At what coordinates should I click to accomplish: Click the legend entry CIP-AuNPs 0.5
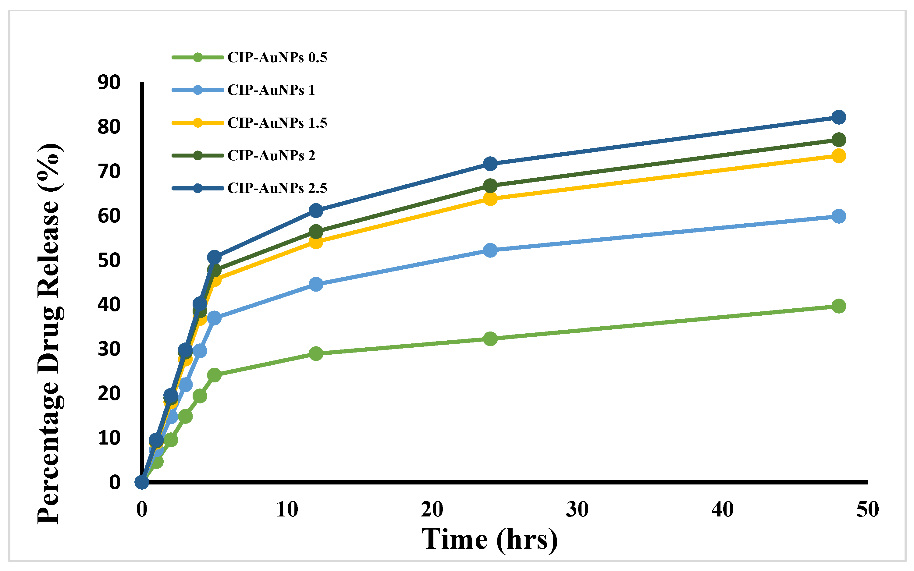point(277,57)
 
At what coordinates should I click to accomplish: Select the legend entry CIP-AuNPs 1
point(271,90)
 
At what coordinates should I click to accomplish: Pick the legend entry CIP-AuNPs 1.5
point(277,123)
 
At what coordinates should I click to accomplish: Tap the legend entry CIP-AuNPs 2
point(271,155)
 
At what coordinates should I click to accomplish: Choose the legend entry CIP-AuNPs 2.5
point(277,188)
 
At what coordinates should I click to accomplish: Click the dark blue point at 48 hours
point(838,117)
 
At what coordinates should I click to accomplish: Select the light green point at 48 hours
point(838,306)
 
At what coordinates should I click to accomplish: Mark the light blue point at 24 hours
point(490,250)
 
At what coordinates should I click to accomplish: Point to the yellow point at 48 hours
point(838,156)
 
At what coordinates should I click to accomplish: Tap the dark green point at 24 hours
point(490,186)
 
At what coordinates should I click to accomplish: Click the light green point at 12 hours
point(316,353)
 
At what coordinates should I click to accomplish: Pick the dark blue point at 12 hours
point(316,210)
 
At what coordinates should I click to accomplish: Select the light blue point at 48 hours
point(838,216)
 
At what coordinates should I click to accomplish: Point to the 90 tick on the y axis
point(109,82)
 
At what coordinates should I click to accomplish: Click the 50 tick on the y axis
point(109,260)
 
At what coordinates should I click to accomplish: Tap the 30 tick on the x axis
point(577,509)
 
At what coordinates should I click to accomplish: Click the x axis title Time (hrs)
point(489,539)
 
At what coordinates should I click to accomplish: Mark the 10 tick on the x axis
point(287,509)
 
